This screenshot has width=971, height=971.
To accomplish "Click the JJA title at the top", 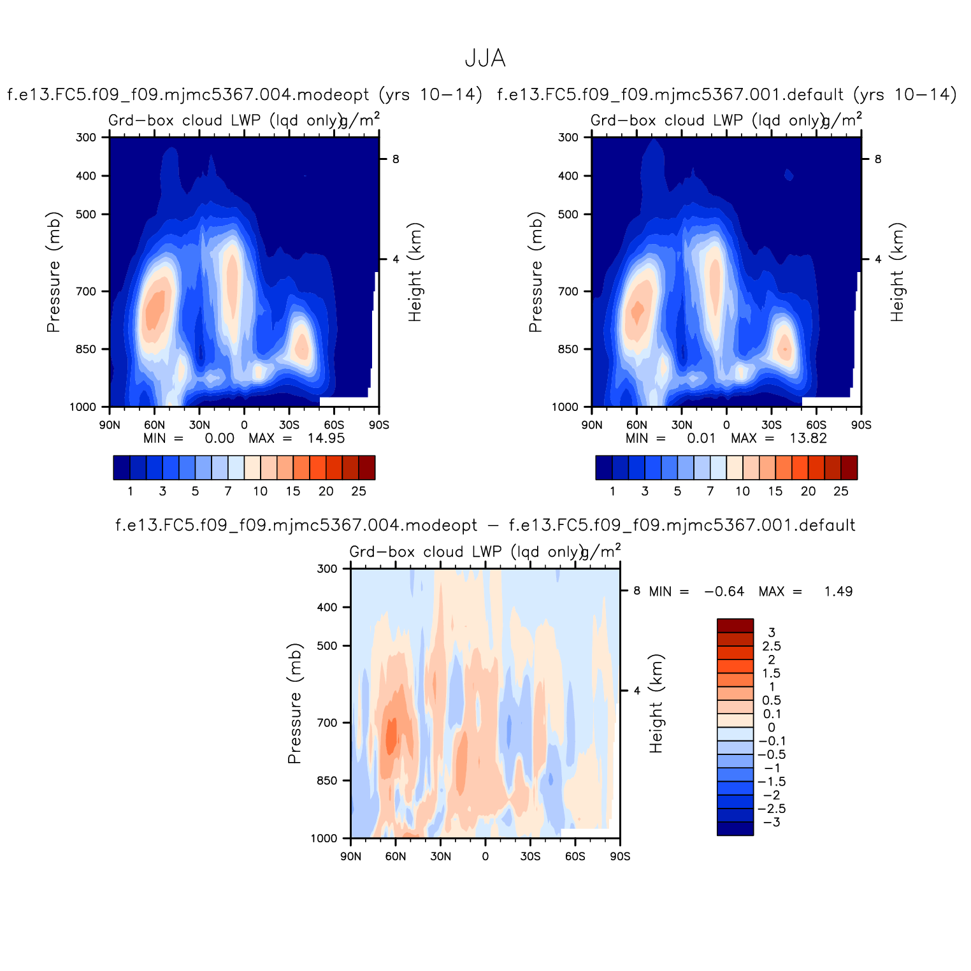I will (x=485, y=59).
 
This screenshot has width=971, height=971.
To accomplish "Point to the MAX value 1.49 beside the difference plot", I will (x=838, y=591).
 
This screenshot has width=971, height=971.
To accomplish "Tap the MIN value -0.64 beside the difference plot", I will (x=724, y=591).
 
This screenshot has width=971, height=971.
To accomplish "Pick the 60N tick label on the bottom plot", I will (x=395, y=856).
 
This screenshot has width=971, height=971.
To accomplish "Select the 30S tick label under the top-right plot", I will (x=771, y=424).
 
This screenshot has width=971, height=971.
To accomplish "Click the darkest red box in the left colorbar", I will (x=366, y=467).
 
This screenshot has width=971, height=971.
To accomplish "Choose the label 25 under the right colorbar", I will (x=841, y=491).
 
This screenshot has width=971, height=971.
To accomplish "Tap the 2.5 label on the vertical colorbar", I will (x=772, y=646).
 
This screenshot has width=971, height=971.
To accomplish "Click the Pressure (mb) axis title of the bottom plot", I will (x=294, y=703).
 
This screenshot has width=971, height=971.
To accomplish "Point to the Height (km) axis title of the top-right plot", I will (x=897, y=272).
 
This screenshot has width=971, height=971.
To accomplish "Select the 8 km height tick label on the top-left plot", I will (x=396, y=159).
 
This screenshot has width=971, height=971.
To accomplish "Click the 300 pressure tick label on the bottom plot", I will (x=327, y=568).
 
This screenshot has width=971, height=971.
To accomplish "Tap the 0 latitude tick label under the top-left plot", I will (x=244, y=424).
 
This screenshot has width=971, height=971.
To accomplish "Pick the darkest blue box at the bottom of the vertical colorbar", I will (x=735, y=828).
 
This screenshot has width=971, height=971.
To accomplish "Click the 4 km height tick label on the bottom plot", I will (x=637, y=690).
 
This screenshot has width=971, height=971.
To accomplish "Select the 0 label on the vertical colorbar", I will (x=771, y=727).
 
